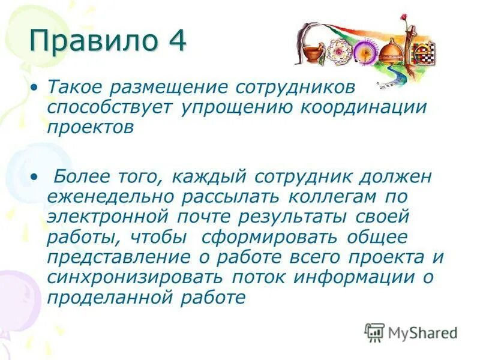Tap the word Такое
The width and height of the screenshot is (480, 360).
click(x=75, y=88)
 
